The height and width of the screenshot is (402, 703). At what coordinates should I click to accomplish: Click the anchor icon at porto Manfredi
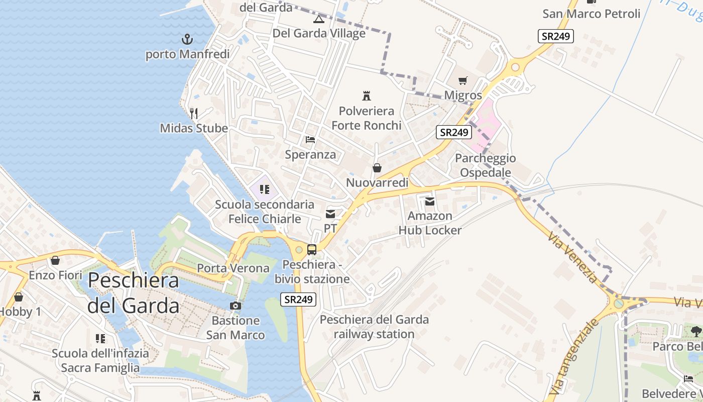pos(187,39)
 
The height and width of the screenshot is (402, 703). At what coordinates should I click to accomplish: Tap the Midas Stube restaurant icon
pos(194,113)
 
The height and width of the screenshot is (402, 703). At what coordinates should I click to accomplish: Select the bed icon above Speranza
pos(310,139)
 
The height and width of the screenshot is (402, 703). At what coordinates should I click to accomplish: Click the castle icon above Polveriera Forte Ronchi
pos(367,95)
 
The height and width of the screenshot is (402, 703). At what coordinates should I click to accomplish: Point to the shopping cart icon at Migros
pos(463,80)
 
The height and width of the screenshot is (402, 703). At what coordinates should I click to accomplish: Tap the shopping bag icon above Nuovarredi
pos(377,168)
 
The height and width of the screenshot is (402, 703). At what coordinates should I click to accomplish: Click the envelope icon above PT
pos(330,214)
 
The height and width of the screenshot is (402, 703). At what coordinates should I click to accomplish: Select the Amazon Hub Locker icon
pos(430,202)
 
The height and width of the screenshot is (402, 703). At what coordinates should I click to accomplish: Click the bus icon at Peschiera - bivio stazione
pos(312,249)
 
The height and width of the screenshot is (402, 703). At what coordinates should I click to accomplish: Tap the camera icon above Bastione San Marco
pos(235,306)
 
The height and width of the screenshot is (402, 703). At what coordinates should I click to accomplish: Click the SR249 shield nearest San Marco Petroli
pos(555,36)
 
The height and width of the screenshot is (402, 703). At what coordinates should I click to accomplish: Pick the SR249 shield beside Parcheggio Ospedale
pos(454,132)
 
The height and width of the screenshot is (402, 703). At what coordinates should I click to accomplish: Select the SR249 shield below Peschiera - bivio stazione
pos(298,299)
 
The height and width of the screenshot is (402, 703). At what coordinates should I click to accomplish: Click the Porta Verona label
pos(233,268)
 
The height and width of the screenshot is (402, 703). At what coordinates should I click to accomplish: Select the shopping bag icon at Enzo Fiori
pos(55,260)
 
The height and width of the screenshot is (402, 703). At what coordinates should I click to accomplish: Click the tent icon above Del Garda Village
pos(318,20)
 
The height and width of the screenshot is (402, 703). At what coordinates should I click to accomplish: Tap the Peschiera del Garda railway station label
pos(374,327)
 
